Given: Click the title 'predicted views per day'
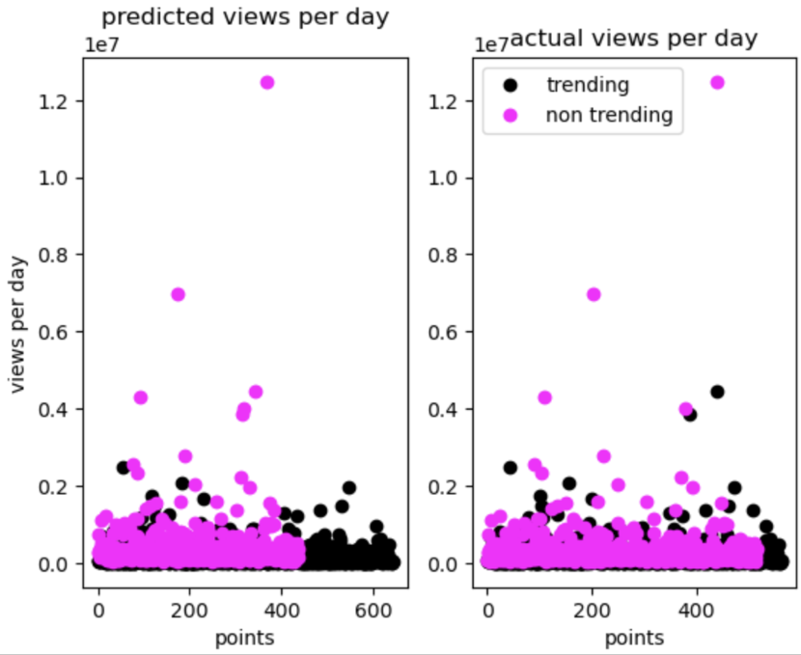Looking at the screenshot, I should [x=245, y=17].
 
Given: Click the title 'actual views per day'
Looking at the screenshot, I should [x=633, y=39].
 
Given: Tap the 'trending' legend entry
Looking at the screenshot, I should [x=587, y=85].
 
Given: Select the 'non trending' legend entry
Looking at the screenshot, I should [x=608, y=116].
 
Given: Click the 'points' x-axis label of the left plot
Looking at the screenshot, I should [x=244, y=637].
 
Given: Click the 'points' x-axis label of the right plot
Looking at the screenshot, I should [x=634, y=637].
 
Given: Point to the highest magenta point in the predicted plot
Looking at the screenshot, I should [x=267, y=82].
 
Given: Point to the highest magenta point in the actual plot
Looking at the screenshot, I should [x=717, y=82].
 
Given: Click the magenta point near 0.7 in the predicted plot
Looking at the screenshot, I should [x=178, y=294].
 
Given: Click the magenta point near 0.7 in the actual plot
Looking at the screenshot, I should [x=594, y=294].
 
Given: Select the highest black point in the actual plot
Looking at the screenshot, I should [x=717, y=392].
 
